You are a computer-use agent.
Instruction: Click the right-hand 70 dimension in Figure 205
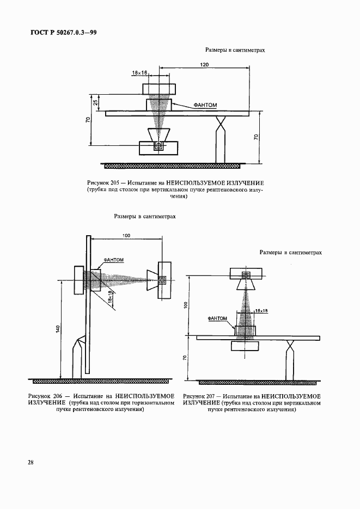258,139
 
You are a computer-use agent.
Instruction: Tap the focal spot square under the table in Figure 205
159,146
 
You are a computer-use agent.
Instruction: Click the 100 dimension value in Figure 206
126,235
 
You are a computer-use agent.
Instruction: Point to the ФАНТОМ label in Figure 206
113,260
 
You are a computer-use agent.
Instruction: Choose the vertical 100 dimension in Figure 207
186,305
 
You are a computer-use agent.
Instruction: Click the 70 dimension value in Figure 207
186,359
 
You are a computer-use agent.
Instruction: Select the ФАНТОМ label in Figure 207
218,317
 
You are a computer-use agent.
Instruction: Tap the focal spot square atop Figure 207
246,275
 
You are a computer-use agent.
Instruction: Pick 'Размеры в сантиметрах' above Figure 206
145,216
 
